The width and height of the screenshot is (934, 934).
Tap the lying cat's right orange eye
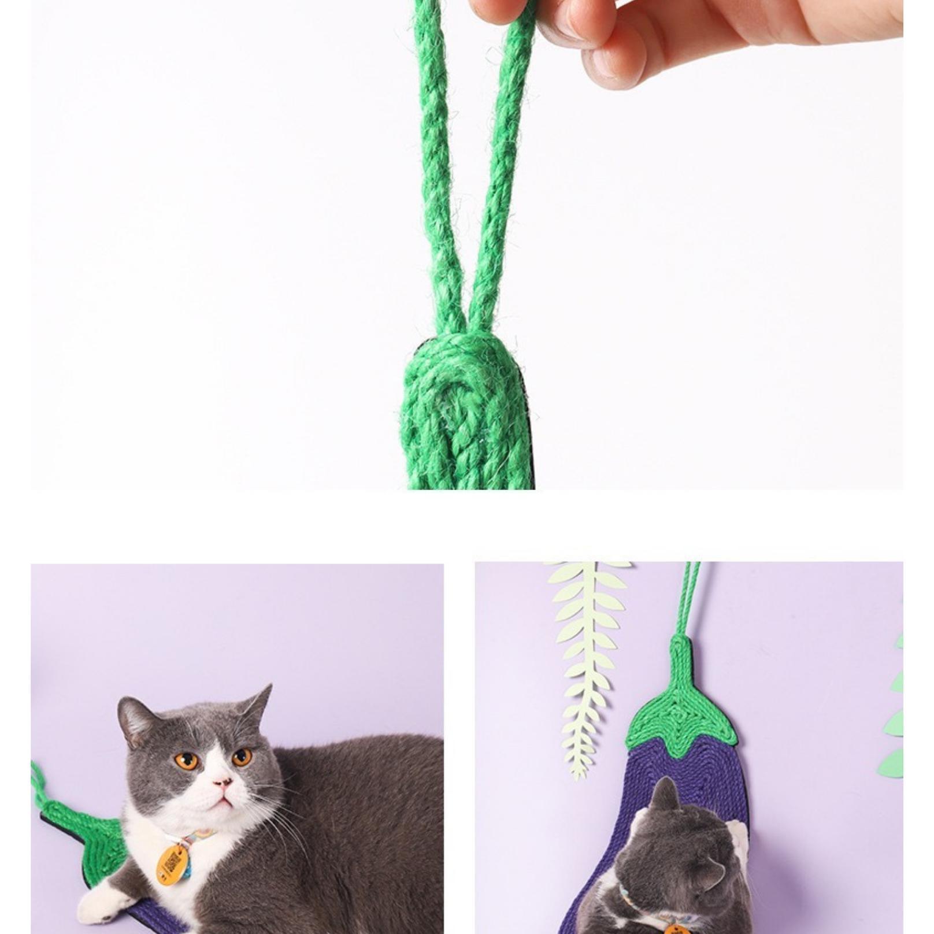point(241,756)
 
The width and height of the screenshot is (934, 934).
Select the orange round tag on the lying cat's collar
point(173,863)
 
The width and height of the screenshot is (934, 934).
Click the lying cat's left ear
point(134,720)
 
